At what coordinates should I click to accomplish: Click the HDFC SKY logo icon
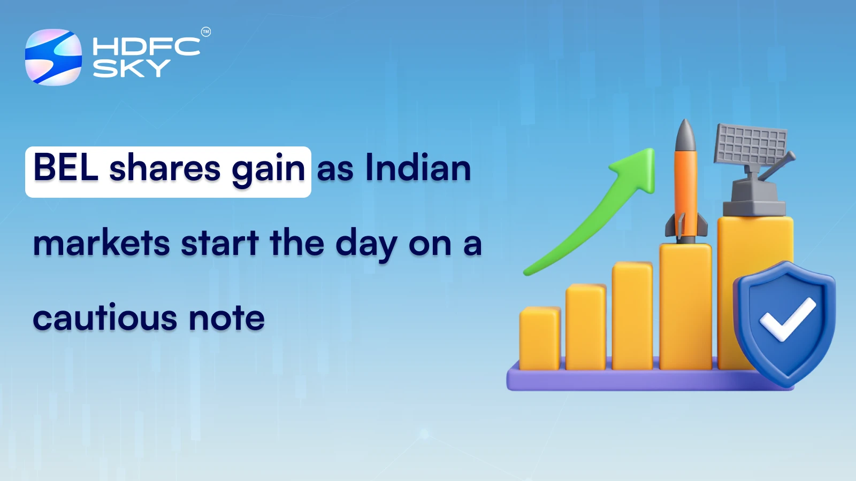tap(53, 57)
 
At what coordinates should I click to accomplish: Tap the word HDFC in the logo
tap(146, 46)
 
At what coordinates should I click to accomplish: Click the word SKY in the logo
tap(131, 68)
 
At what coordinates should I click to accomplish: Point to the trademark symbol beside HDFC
tap(206, 32)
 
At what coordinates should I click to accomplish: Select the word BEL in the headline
tap(66, 168)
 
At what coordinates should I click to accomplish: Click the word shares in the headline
tap(165, 168)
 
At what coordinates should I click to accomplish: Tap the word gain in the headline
tap(269, 169)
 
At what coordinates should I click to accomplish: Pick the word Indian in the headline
tap(418, 168)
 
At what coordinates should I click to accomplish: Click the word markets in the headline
tap(102, 243)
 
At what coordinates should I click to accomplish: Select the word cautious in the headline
tap(105, 318)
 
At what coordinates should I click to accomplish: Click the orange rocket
tap(686, 192)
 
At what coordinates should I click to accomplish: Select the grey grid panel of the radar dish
tap(751, 144)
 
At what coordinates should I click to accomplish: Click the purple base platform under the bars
tap(615, 380)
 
